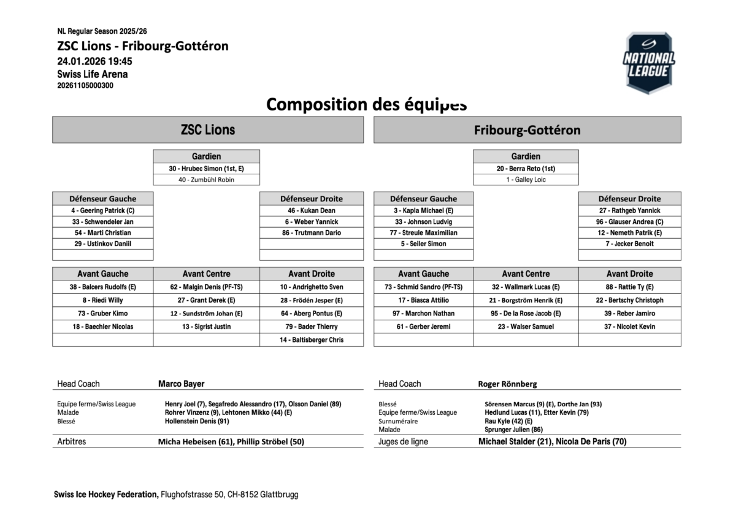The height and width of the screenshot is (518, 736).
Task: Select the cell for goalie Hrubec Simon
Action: pos(206,168)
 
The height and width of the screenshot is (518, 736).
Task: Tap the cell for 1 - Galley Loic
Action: pos(526,180)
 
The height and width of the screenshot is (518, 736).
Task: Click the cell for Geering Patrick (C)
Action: pos(102,211)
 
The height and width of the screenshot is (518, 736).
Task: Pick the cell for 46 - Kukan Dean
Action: pos(311,211)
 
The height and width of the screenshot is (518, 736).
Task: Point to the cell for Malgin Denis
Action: pos(206,287)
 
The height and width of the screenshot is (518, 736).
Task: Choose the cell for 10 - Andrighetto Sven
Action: pos(311,287)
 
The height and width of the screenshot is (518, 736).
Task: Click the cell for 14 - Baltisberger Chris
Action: pos(311,340)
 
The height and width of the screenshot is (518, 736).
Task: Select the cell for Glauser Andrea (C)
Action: pos(629,222)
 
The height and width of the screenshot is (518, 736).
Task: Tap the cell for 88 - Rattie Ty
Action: pos(629,287)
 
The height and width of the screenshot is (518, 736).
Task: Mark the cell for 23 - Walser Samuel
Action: pos(526,327)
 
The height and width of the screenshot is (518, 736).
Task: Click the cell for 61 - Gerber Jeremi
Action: pos(423,327)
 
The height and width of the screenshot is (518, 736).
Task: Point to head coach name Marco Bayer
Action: pos(182,384)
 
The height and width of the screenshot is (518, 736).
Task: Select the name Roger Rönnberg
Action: pos(507,384)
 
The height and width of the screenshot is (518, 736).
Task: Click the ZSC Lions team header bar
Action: pos(208,130)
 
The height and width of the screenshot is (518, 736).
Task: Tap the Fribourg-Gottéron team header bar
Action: pos(527,130)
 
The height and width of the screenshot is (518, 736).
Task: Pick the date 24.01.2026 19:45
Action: pos(94,61)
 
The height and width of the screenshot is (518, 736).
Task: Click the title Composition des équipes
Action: pos(367,104)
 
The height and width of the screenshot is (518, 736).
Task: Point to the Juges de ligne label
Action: pos(403,441)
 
